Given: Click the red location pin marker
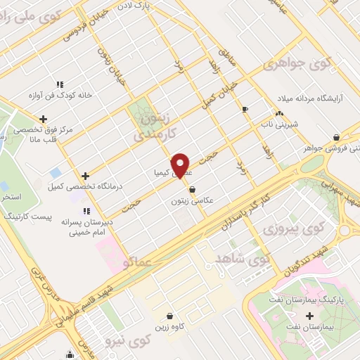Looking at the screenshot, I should pos(181,165).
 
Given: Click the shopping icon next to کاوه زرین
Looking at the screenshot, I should pos(169,316).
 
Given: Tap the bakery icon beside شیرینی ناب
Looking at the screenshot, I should pos(279,112).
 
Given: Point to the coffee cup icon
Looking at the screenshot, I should pos(245,109).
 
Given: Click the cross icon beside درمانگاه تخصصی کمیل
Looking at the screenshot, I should pos(85,176).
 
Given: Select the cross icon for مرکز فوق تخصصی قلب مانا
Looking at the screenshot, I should pos(44,119).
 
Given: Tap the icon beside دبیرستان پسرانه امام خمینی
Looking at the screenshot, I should pos(86,210).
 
